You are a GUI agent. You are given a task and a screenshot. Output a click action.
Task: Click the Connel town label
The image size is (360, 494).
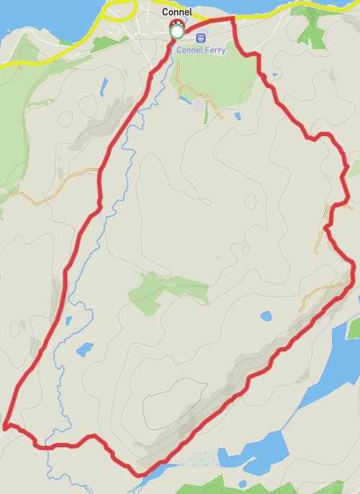[176, 12]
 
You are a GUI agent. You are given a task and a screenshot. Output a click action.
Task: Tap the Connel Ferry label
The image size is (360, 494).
[201, 50]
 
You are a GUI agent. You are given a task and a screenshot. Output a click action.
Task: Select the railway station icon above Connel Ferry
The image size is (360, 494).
[201, 37]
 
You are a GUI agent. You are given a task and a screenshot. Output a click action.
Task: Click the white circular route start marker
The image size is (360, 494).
[176, 32]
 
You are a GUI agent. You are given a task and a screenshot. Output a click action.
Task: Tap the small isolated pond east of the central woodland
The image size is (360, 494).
[266, 316]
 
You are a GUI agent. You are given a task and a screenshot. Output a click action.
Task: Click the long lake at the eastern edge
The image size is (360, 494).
[328, 367]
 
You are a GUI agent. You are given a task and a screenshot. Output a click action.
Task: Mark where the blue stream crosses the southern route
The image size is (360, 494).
[52, 447]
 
